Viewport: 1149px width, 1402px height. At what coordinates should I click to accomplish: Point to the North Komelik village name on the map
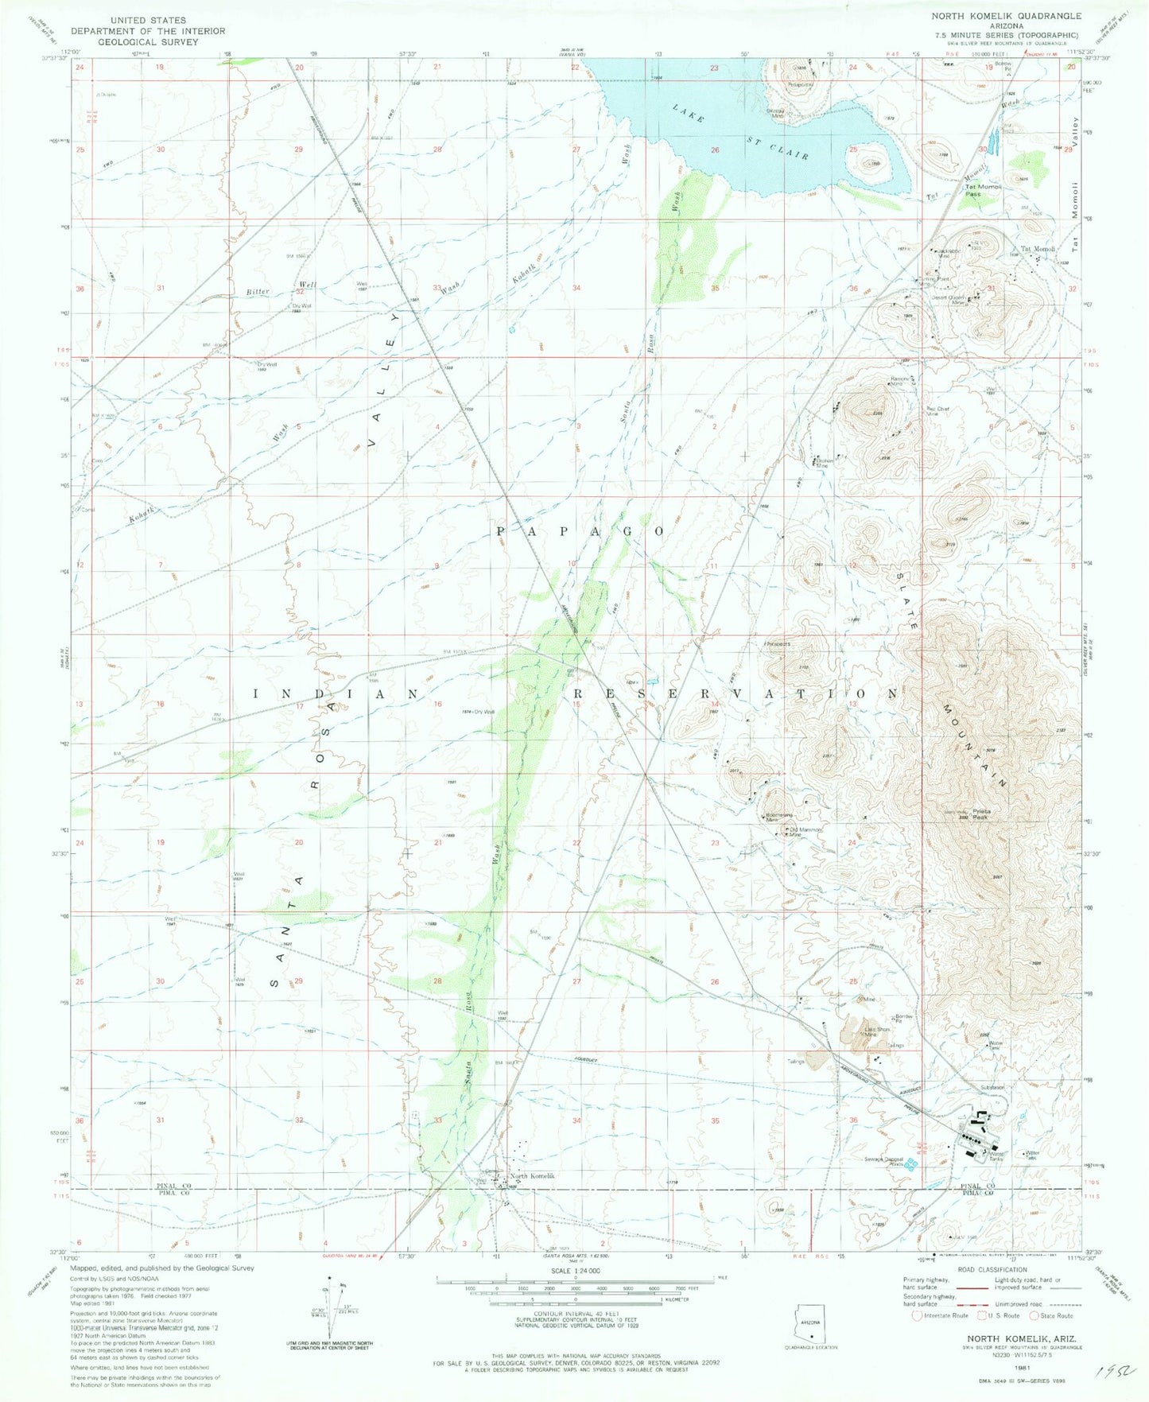532,1176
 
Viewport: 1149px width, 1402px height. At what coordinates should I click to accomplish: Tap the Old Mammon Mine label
803,833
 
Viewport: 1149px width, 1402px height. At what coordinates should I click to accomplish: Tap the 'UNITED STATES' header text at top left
148,20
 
